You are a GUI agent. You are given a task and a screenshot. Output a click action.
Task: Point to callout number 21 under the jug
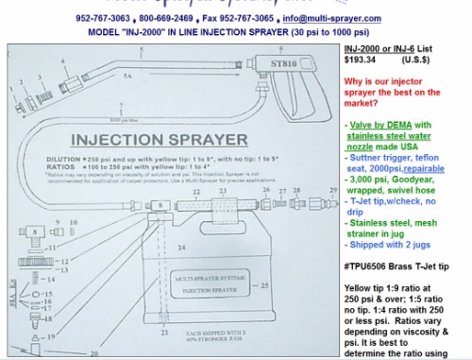[164, 333]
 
